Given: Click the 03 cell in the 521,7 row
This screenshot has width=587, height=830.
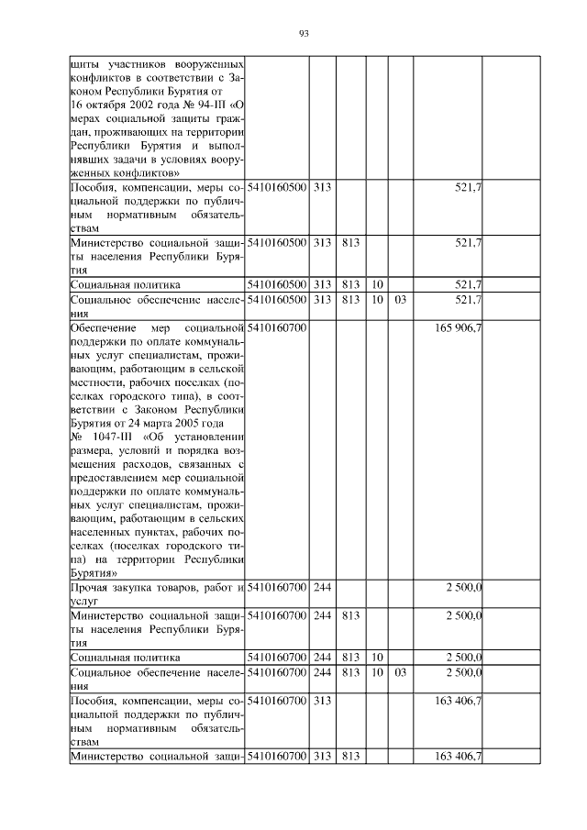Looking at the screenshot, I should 399,299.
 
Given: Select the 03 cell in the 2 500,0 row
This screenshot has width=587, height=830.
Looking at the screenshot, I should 399,672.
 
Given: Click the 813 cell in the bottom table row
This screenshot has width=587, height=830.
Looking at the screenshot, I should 349,756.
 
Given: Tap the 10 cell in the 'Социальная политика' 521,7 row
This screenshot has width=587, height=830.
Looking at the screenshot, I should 377,284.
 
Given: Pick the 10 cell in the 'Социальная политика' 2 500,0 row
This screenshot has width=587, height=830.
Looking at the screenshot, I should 377,658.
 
